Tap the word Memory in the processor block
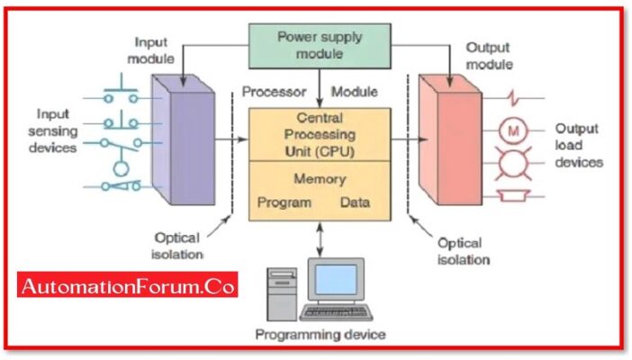tap(320, 179)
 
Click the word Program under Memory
tap(284, 202)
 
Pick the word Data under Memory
tap(355, 202)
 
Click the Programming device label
tap(320, 334)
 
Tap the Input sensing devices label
tap(56, 130)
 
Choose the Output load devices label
tap(579, 146)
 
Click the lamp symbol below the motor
tap(515, 165)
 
